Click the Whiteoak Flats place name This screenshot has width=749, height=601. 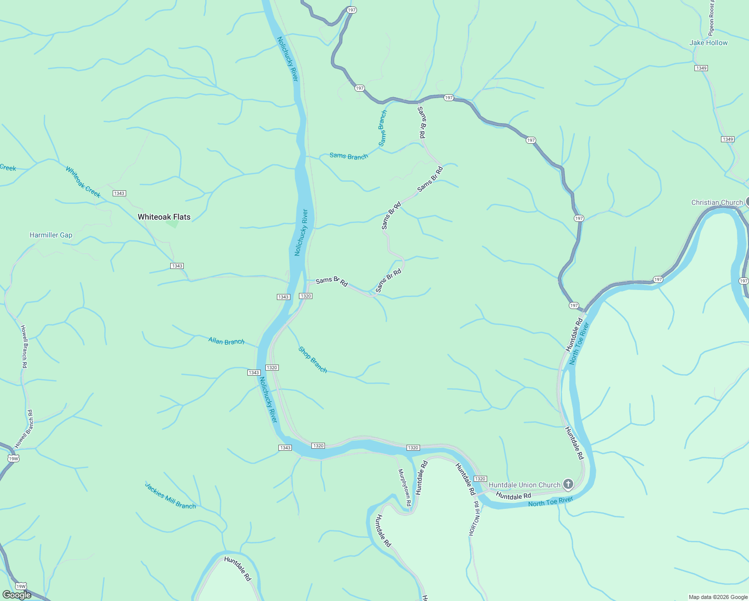(x=164, y=217)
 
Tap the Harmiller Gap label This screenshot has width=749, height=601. (x=51, y=235)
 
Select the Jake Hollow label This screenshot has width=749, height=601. (x=708, y=43)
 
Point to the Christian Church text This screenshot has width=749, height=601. (x=717, y=202)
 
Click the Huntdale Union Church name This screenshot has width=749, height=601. (x=524, y=485)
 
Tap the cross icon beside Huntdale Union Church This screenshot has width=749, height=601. (x=568, y=484)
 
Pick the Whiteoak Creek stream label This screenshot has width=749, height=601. (x=83, y=182)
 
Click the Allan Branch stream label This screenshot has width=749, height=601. (x=226, y=342)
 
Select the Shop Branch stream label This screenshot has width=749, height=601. (x=312, y=360)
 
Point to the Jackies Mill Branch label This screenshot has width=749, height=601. (x=170, y=496)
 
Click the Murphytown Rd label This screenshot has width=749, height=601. (x=405, y=487)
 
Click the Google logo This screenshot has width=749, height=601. (x=17, y=595)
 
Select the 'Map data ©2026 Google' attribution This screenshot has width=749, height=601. (x=717, y=597)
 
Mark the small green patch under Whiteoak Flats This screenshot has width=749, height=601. (x=173, y=224)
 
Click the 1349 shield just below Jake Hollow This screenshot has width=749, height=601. (x=701, y=68)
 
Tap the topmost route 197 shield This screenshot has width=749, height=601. (x=351, y=10)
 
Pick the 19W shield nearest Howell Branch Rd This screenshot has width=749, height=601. (x=14, y=458)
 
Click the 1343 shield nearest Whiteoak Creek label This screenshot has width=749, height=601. (x=119, y=193)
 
